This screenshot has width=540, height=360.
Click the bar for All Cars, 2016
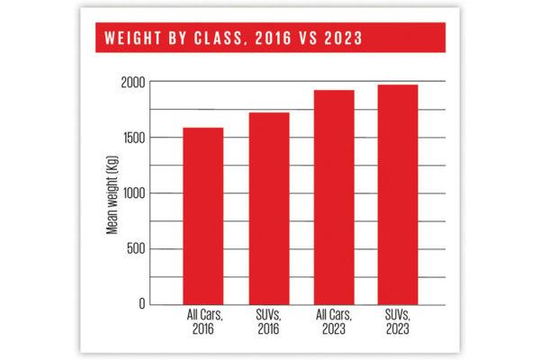[203, 216]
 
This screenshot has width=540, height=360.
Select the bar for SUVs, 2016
[269, 209]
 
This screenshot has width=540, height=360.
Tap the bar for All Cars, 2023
[334, 197]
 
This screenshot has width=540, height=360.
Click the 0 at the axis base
[140, 304]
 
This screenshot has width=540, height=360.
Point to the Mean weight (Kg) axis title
[112, 193]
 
